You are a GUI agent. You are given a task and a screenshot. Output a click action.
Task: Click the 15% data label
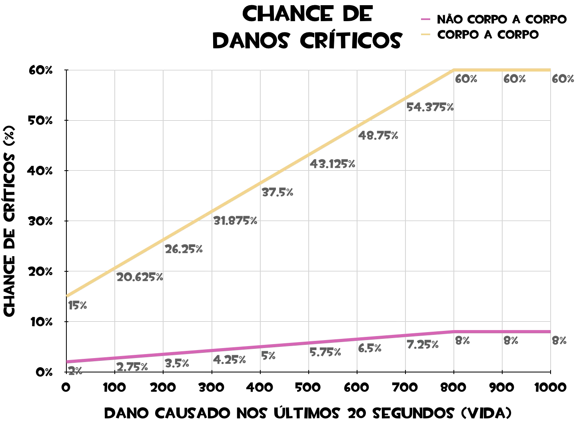coord(78,306)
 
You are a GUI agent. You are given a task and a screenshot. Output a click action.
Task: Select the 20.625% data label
coord(140,277)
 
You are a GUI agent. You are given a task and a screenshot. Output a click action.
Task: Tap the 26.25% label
coord(184,249)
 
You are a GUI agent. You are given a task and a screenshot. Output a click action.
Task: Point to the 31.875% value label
coord(235,221)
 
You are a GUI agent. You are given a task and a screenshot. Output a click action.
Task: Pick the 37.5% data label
coord(277,192)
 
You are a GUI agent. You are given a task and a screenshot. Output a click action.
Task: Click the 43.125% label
coord(332,164)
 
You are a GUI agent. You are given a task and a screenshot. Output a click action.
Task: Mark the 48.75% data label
coord(378,135)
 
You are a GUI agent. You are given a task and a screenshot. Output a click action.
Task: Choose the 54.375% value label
coord(430,107)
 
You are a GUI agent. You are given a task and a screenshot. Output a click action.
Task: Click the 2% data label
coord(75,371)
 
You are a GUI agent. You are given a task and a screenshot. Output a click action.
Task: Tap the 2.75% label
coord(132,367)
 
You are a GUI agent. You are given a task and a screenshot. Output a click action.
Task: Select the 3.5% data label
coord(177,364)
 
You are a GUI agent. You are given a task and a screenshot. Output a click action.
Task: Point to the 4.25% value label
coord(229,360)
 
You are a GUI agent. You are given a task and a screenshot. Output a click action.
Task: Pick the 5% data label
coord(268,356)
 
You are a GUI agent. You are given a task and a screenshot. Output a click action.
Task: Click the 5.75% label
coord(325,352)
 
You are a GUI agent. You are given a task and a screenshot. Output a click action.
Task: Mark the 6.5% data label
coord(369,348)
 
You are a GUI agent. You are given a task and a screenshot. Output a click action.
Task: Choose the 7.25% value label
coord(423,344)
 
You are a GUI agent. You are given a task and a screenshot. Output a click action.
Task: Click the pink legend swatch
coord(425,19)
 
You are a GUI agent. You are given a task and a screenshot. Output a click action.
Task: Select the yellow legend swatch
coord(425,34)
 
